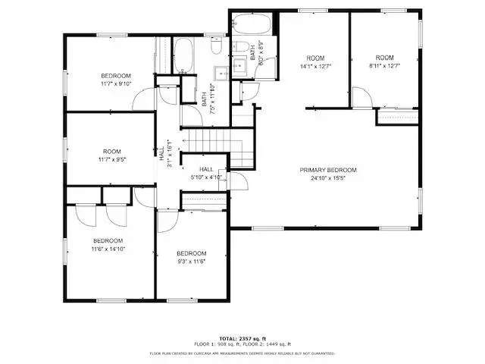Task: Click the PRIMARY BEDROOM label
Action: click(x=327, y=170)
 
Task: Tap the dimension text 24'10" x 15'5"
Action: click(x=327, y=179)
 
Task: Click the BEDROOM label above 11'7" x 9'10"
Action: click(x=116, y=76)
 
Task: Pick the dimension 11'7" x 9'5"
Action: click(x=112, y=160)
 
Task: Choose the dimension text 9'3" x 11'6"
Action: click(x=191, y=262)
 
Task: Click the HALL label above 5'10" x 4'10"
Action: click(x=206, y=169)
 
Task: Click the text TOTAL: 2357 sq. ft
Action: click(x=242, y=337)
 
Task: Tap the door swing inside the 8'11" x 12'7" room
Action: click(x=362, y=97)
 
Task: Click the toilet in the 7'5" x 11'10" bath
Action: click(x=214, y=50)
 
